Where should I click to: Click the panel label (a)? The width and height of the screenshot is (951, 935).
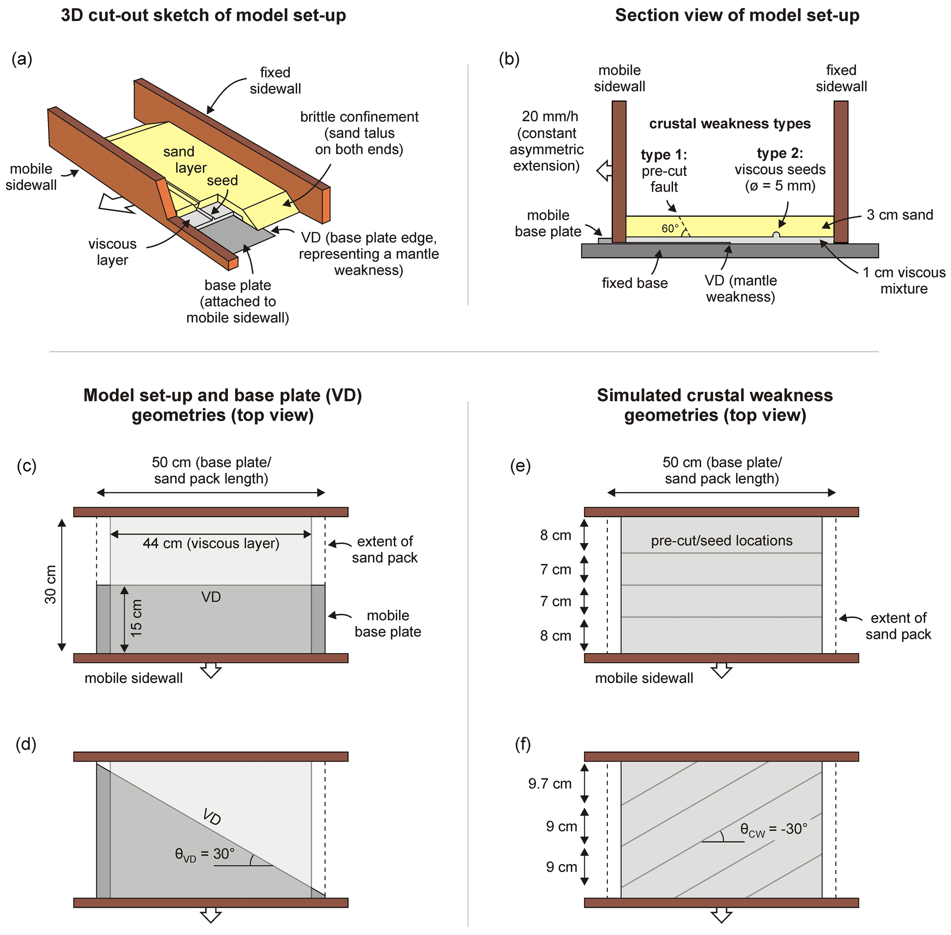point(22,59)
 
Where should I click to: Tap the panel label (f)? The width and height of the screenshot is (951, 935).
point(522,745)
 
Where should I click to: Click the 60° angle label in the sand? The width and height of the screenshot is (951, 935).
point(669,229)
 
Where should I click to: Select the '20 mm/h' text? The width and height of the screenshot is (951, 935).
point(549,116)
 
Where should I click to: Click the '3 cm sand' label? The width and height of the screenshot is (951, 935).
point(899,215)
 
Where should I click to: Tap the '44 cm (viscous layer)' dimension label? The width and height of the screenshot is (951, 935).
point(211,544)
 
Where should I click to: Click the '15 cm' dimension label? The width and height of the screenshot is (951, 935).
point(136,618)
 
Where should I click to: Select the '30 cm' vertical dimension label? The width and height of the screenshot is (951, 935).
point(51,585)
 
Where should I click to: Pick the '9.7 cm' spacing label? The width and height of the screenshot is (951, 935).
point(549,783)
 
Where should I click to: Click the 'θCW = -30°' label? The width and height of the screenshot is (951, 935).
point(773,829)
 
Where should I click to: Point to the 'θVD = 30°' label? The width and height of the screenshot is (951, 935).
point(204,854)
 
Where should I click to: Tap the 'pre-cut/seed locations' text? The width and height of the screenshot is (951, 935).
point(721,541)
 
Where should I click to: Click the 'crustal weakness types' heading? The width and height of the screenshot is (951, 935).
point(729,124)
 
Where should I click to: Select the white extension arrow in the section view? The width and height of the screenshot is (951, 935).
point(604,171)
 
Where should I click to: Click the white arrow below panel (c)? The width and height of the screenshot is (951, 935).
point(211,670)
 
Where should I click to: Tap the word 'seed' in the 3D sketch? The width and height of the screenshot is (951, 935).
point(222,181)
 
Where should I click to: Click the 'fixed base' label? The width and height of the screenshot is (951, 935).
point(634,283)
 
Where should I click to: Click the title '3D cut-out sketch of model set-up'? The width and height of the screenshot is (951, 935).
point(203,15)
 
